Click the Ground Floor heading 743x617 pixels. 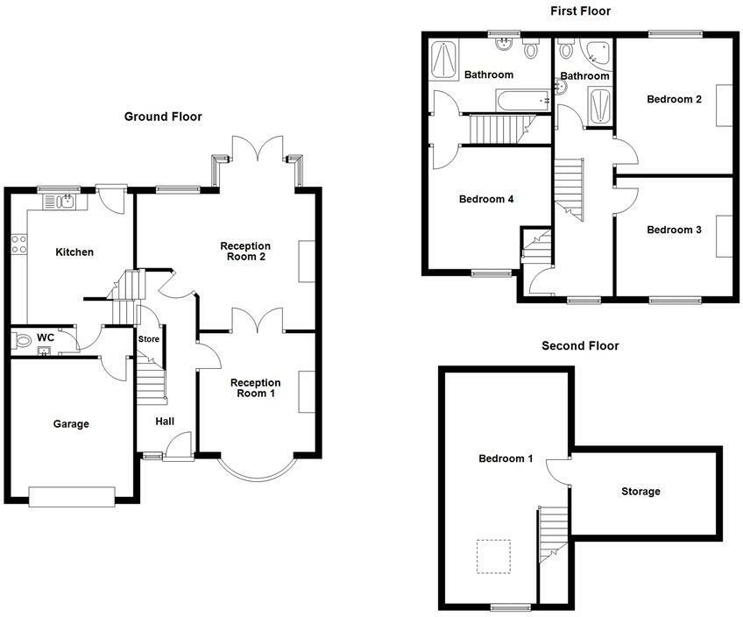pyautogui.click(x=163, y=117)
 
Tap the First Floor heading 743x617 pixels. pyautogui.click(x=580, y=11)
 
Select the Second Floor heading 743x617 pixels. pyautogui.click(x=580, y=346)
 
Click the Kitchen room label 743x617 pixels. pyautogui.click(x=74, y=252)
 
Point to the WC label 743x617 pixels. pyautogui.click(x=46, y=337)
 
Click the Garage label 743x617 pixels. pyautogui.click(x=71, y=424)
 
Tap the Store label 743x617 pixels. pyautogui.click(x=149, y=339)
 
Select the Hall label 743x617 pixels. pyautogui.click(x=165, y=422)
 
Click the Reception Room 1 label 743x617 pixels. pyautogui.click(x=255, y=388)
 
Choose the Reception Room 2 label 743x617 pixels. pyautogui.click(x=245, y=252)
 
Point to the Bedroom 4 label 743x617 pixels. pyautogui.click(x=486, y=199)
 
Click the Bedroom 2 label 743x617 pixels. pyautogui.click(x=674, y=99)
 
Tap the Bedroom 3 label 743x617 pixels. pyautogui.click(x=674, y=230)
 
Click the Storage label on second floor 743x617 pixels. pyautogui.click(x=640, y=492)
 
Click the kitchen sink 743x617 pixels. pyautogui.click(x=65, y=202)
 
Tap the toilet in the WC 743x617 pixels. pyautogui.click(x=21, y=342)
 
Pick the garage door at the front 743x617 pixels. pyautogui.click(x=72, y=497)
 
